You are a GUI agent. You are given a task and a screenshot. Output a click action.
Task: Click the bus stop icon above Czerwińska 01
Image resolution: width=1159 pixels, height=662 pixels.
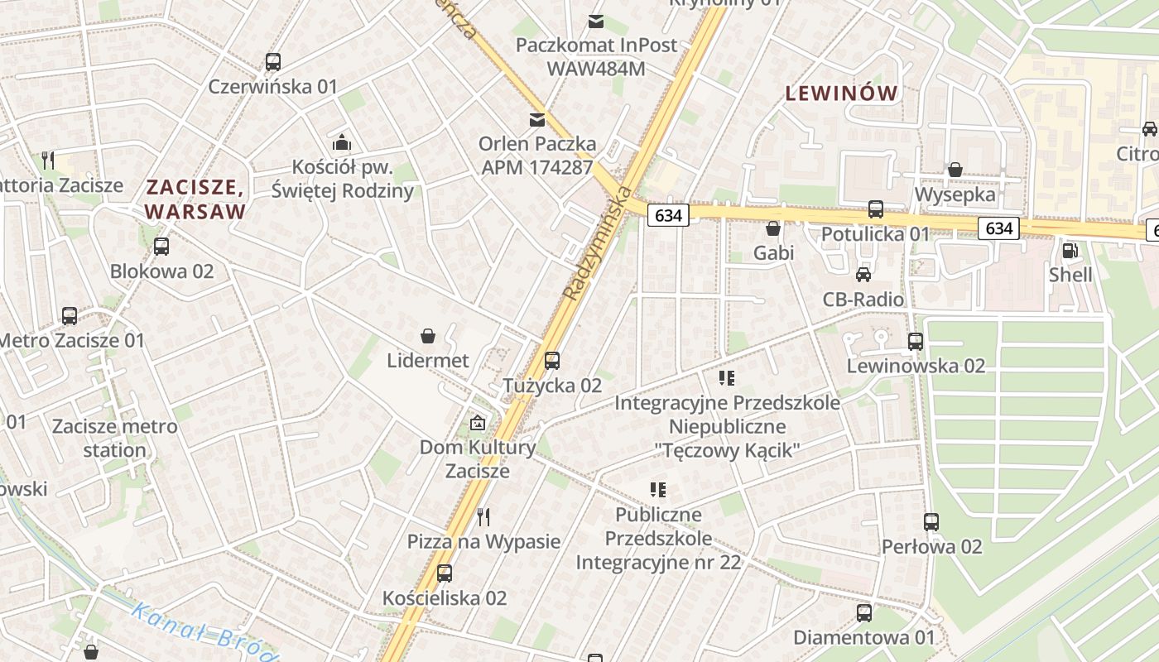273,62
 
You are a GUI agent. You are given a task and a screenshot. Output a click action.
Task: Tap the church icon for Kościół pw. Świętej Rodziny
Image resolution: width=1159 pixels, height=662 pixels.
342,142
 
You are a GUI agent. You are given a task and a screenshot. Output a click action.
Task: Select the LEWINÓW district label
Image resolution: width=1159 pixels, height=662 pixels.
841,94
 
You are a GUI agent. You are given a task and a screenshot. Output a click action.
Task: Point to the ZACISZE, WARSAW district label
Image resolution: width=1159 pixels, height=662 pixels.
196,199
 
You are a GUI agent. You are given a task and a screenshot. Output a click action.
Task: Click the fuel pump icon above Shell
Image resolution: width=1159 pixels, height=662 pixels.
1070,250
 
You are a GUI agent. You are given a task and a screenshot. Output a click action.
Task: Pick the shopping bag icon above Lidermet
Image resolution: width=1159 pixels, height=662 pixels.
428,336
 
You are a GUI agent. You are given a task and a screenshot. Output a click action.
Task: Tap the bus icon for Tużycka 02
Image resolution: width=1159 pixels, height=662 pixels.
552,361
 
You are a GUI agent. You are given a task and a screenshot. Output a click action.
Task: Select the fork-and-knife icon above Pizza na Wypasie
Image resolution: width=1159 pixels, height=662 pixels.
484,517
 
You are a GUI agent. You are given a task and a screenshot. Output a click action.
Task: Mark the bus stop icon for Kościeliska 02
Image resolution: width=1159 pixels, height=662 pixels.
445,573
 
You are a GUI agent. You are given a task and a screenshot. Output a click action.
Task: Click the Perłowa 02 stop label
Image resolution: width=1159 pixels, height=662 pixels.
931,547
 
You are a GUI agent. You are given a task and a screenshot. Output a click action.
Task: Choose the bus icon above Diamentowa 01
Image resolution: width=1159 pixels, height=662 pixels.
864,613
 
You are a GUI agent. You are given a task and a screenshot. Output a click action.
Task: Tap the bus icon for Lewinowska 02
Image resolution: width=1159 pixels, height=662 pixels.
916,341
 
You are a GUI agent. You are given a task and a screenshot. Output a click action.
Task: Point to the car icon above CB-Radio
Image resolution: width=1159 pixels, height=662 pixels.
863,274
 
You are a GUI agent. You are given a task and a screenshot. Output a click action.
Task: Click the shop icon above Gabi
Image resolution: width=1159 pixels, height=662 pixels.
773,228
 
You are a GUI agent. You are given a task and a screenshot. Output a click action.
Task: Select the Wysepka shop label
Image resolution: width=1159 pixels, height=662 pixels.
955,194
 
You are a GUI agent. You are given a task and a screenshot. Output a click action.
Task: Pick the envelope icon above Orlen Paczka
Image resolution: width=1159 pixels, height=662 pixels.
537,120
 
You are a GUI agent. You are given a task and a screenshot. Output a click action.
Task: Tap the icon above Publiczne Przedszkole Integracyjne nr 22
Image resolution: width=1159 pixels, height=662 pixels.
658,490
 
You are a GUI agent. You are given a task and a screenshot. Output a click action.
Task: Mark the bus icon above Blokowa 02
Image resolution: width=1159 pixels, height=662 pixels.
161,247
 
